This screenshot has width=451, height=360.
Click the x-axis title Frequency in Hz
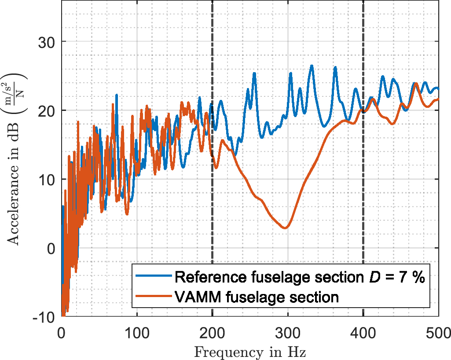[250, 352]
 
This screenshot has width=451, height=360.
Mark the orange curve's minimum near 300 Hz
[285, 228]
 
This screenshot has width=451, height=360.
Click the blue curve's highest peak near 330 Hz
[312, 66]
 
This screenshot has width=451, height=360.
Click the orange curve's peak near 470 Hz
[415, 83]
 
